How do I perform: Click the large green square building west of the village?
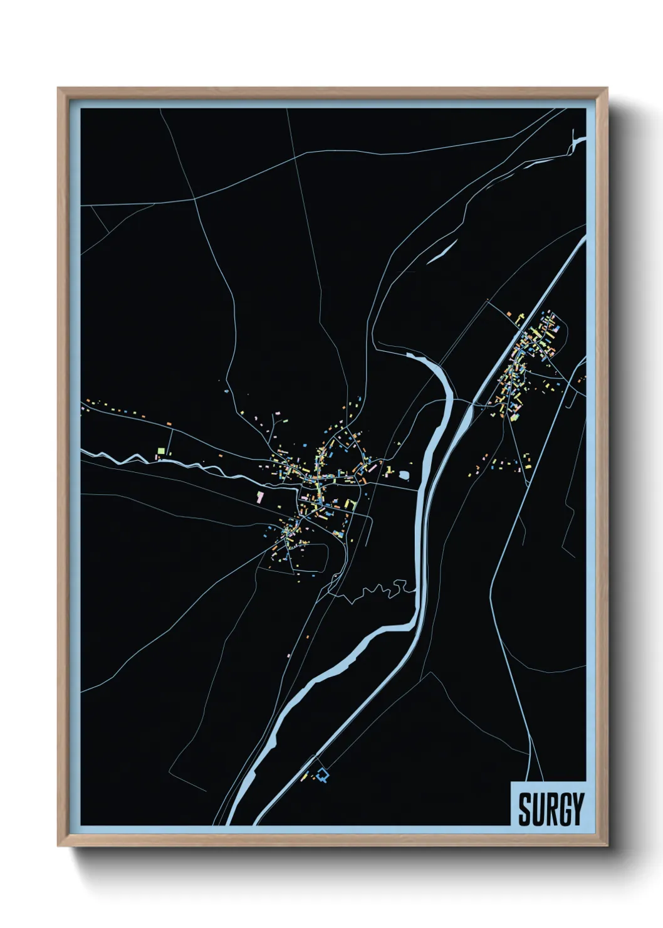161,450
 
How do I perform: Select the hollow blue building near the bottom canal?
323,776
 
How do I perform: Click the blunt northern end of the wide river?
410,356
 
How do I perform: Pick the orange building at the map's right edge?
583,377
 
